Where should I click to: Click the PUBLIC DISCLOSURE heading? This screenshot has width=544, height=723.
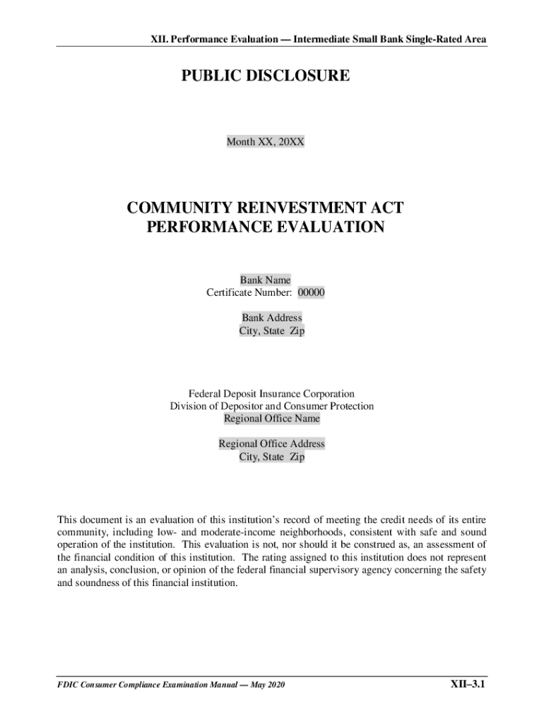point(265,76)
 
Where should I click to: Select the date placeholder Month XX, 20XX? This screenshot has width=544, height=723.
point(265,142)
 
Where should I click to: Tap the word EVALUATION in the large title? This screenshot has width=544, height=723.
point(319,227)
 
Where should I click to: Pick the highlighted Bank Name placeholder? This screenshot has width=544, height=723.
point(265,280)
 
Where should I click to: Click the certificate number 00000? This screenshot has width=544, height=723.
point(311,292)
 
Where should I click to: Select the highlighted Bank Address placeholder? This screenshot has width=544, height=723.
point(272,318)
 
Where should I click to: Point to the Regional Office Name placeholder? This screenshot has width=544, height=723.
point(272,419)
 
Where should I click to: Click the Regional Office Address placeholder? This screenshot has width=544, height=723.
point(272,444)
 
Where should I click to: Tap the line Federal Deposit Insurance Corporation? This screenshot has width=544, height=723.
point(272,393)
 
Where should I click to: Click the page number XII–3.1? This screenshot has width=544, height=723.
point(468,684)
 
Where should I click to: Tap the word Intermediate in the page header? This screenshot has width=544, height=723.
point(321,40)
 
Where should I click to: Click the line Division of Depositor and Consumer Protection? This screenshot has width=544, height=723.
point(272,406)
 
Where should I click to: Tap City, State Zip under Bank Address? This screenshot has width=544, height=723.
point(272,330)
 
